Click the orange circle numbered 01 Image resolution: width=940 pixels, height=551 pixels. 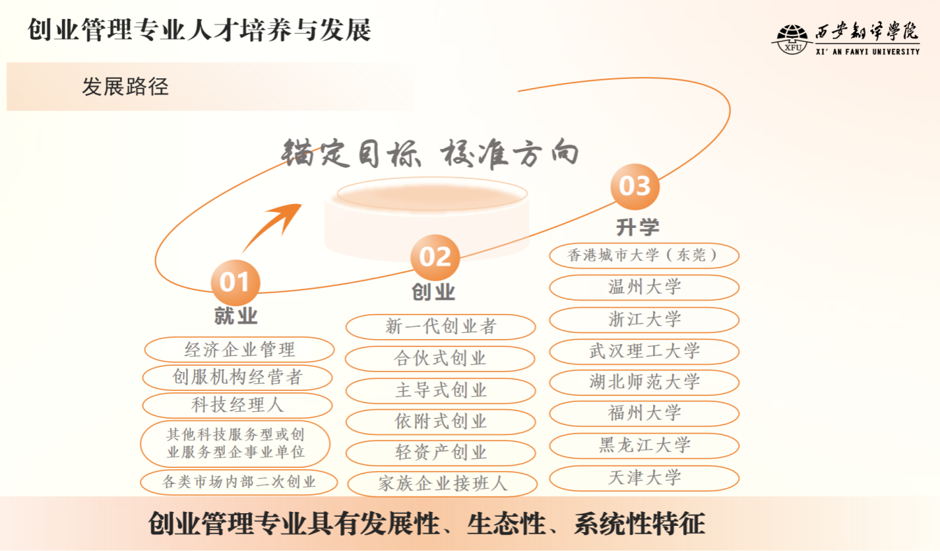(235, 282)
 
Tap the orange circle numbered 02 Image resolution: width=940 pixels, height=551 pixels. (435, 257)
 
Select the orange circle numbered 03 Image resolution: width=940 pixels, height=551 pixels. (635, 187)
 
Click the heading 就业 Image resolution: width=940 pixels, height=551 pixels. (236, 315)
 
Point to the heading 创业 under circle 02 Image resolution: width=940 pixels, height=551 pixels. (434, 292)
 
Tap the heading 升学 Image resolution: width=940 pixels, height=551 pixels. (638, 227)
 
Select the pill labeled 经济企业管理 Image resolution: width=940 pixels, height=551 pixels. (240, 350)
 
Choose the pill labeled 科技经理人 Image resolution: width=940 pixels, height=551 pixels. (237, 405)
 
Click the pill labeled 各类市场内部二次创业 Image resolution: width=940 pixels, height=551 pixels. (239, 482)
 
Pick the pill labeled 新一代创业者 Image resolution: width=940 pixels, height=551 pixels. (441, 327)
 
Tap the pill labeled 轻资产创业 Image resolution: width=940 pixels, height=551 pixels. (441, 452)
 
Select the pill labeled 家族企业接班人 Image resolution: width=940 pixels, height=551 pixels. (442, 484)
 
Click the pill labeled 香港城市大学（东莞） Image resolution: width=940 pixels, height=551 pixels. (644, 255)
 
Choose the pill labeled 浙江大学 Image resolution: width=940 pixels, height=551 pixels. (644, 320)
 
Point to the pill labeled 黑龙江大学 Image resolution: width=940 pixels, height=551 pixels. (644, 445)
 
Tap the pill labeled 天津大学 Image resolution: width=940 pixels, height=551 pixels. (644, 478)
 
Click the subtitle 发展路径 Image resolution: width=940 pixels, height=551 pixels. (125, 87)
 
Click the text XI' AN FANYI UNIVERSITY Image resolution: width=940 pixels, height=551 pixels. (867, 52)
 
